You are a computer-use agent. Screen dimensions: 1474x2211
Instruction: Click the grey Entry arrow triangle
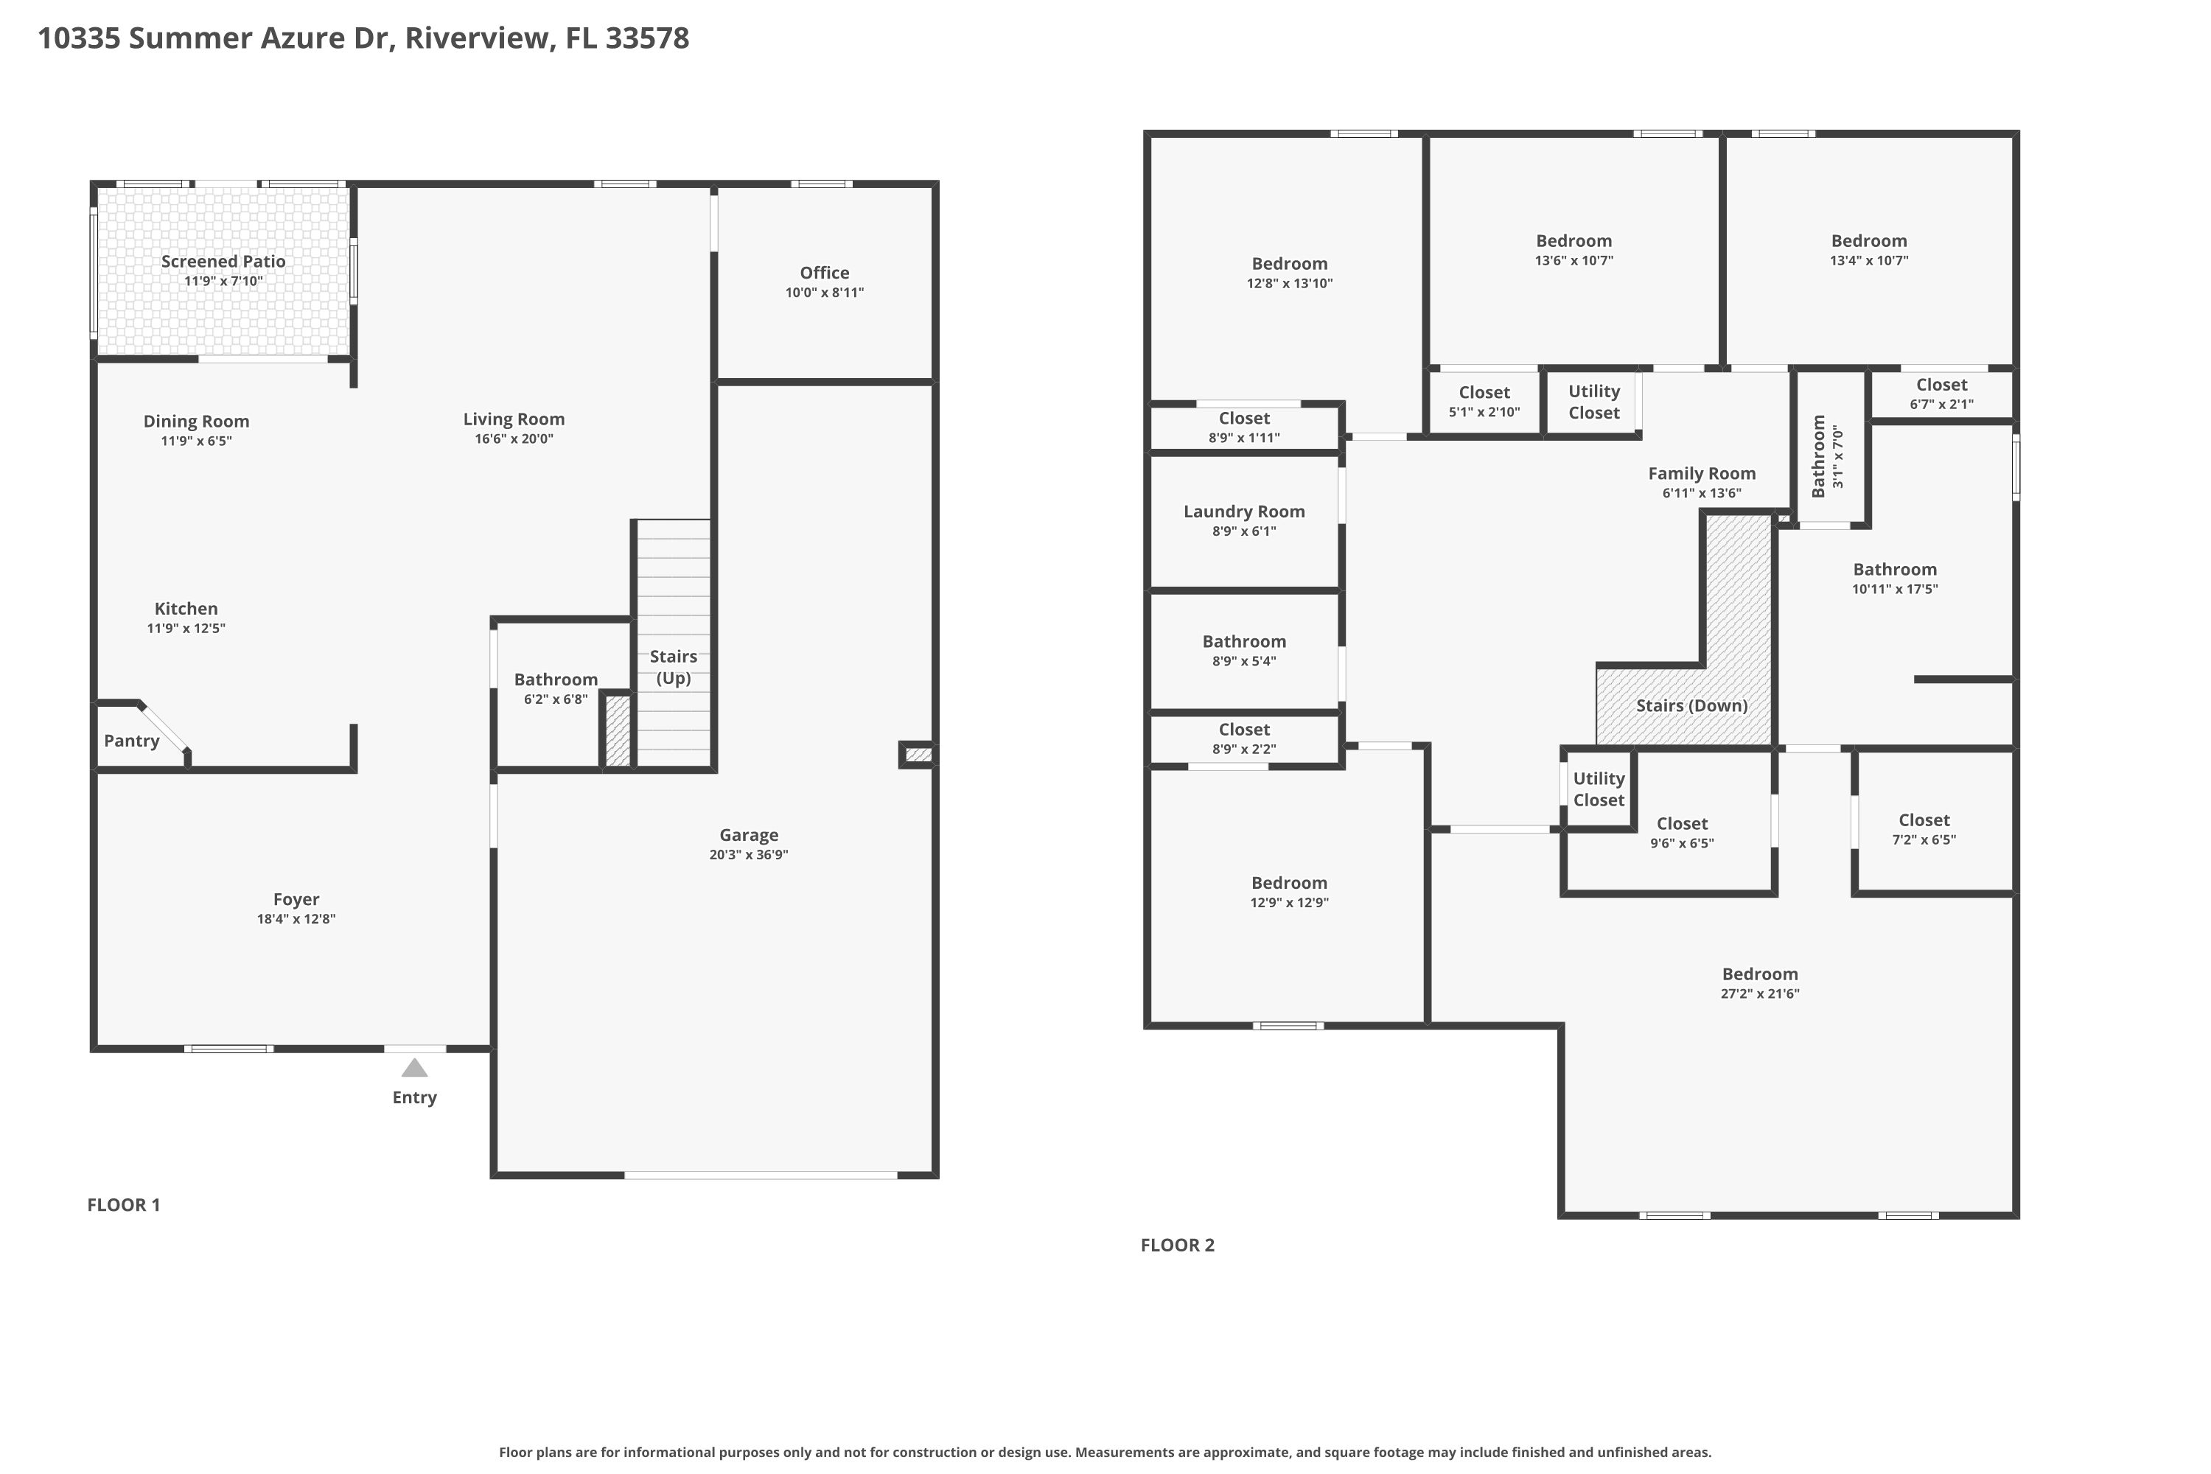point(414,1068)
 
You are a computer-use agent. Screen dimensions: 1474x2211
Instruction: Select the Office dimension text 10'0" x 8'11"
point(825,293)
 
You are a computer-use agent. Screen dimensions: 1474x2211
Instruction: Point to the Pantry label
point(132,741)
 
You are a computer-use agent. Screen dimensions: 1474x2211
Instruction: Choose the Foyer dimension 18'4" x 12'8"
point(296,918)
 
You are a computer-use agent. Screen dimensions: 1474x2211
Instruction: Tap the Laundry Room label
point(1244,511)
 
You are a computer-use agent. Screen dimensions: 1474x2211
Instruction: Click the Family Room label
point(1702,473)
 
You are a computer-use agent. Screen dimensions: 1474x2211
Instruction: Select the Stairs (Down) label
point(1691,705)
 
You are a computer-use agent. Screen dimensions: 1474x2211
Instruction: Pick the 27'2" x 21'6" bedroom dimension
point(1760,993)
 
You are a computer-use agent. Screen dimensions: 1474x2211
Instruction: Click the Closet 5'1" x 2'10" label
point(1484,392)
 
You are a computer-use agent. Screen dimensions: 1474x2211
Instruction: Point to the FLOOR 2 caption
point(1177,1245)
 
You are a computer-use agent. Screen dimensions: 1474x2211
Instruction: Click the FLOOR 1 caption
point(123,1204)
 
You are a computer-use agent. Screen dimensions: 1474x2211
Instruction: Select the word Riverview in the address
point(477,38)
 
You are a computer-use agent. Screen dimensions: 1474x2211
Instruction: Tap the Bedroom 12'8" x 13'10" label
point(1289,263)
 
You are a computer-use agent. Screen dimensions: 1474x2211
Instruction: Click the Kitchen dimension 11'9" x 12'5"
point(186,628)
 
